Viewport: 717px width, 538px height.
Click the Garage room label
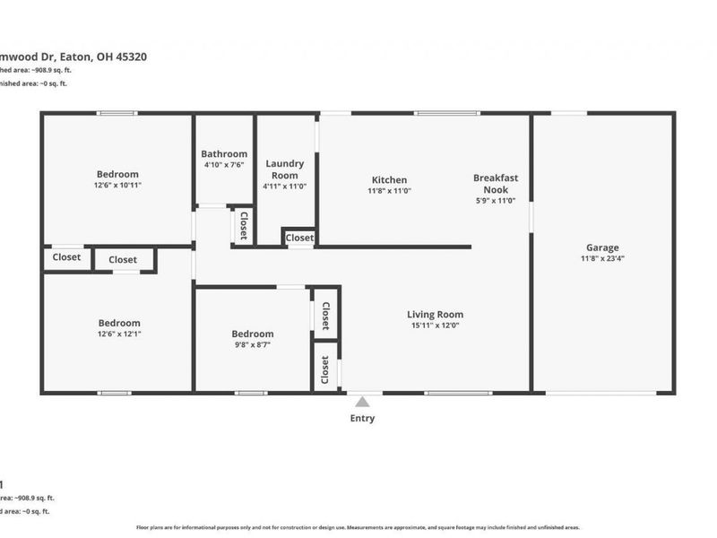pyautogui.click(x=602, y=247)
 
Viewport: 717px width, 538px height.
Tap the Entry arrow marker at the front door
pyautogui.click(x=362, y=402)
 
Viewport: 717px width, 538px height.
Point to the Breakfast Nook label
pyautogui.click(x=496, y=184)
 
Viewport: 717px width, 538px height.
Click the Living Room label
pyautogui.click(x=435, y=315)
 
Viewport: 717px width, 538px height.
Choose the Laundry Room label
pyautogui.click(x=285, y=169)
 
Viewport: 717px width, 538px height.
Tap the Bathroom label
pyautogui.click(x=224, y=153)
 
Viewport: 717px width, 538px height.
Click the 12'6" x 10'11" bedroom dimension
pyautogui.click(x=118, y=186)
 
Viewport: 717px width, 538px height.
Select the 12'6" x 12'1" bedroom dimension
pyautogui.click(x=119, y=334)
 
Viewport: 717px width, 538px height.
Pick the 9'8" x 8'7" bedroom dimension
pyautogui.click(x=251, y=345)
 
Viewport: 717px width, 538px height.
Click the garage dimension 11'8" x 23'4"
pyautogui.click(x=602, y=259)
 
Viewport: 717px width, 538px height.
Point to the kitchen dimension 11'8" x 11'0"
pyautogui.click(x=389, y=192)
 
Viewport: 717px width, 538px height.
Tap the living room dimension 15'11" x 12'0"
pyautogui.click(x=435, y=326)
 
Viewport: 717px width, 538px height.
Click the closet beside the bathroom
pyautogui.click(x=242, y=225)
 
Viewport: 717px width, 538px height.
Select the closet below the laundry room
pyautogui.click(x=299, y=238)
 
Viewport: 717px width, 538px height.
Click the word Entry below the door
pyautogui.click(x=362, y=419)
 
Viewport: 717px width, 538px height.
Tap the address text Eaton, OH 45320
pyautogui.click(x=103, y=56)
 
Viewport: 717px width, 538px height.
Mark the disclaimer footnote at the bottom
pyautogui.click(x=358, y=527)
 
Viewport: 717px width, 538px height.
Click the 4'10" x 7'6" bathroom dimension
pyautogui.click(x=224, y=165)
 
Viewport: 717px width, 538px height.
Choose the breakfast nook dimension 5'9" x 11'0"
pyautogui.click(x=496, y=202)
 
